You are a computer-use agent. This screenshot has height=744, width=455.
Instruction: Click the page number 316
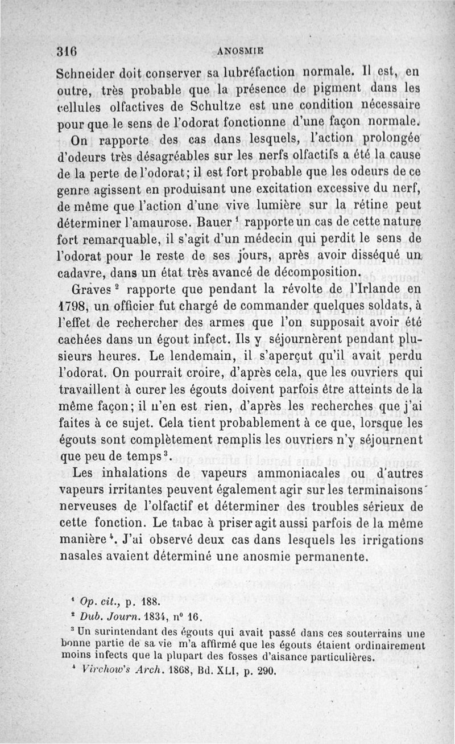pyautogui.click(x=67, y=50)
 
